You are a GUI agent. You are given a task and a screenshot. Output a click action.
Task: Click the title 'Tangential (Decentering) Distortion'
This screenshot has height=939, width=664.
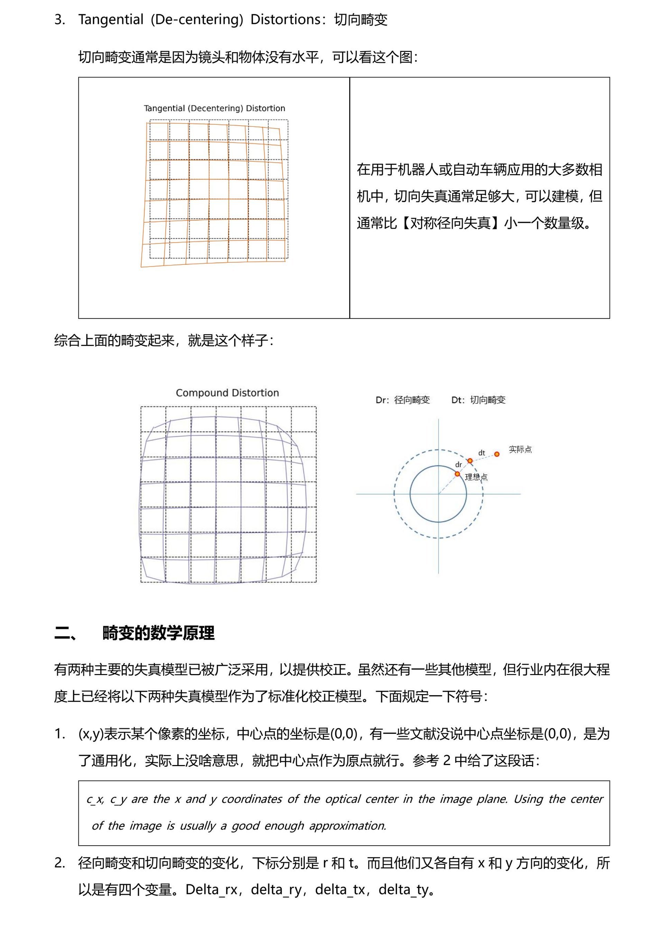tap(214, 108)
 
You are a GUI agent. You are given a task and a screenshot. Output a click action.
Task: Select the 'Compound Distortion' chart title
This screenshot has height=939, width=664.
tap(227, 393)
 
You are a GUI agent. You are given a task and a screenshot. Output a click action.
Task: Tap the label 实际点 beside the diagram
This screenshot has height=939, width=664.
tap(520, 450)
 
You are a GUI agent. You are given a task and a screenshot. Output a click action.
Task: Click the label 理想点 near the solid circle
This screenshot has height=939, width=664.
tap(476, 477)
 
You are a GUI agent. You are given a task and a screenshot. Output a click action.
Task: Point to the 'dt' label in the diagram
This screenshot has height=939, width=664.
tap(482, 453)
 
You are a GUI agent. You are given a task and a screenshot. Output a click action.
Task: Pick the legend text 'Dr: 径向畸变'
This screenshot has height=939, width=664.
tap(403, 400)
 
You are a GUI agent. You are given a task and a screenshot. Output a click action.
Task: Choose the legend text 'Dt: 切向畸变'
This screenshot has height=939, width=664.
tap(478, 400)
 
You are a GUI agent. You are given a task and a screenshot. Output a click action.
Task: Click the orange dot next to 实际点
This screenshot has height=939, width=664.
tap(497, 454)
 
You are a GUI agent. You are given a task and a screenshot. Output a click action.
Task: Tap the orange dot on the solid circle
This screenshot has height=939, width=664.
tap(458, 474)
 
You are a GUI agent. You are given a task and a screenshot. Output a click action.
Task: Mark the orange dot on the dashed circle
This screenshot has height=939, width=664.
tap(470, 461)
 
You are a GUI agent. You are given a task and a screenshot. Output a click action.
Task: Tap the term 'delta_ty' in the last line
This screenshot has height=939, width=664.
tap(404, 890)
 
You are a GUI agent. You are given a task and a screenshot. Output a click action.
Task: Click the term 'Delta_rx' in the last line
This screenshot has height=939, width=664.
tap(211, 890)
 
